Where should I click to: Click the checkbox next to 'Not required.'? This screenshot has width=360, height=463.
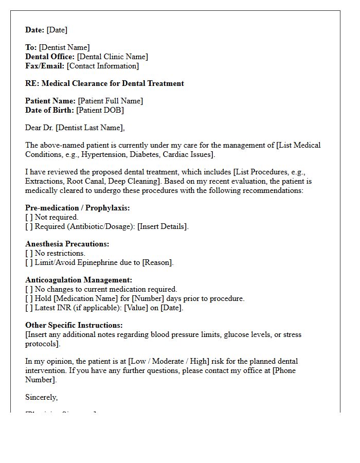pos(29,217)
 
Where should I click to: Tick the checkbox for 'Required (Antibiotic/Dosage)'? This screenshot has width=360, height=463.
pos(29,226)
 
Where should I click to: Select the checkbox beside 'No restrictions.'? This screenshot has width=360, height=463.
pos(29,253)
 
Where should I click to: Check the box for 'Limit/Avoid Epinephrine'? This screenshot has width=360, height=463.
pos(29,262)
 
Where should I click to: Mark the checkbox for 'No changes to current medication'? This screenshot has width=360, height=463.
pos(29,289)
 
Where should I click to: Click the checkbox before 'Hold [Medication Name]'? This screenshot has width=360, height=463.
pos(29,298)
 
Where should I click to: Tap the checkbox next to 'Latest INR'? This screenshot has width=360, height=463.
pos(29,308)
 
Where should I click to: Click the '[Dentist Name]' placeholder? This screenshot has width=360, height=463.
pos(64,47)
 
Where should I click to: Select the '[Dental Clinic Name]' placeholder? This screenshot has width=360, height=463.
pos(112,57)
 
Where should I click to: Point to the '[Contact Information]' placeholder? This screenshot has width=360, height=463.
pos(103,66)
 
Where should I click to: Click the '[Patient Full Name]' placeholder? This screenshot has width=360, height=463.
pos(110,101)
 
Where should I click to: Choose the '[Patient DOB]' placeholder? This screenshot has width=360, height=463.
pos(100,110)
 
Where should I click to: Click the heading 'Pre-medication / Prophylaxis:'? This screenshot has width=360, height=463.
pos(77,208)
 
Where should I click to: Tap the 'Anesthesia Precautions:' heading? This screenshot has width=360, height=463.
pos(67,244)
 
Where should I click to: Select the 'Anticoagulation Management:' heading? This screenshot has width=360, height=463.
pos(79,280)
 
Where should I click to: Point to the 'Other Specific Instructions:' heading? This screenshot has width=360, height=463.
pos(74,325)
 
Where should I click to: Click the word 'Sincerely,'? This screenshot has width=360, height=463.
pos(41,397)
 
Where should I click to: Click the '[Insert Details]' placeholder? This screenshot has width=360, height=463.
pos(163,226)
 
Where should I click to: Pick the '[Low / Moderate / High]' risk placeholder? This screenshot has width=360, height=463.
pos(172,361)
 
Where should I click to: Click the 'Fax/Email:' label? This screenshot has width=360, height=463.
pos(45,66)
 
